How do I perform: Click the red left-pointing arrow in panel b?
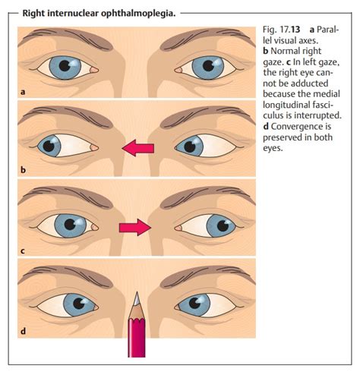[x=138, y=148]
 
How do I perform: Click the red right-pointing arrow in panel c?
[x=135, y=227]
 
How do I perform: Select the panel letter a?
[x=23, y=92]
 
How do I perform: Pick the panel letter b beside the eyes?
[x=23, y=170]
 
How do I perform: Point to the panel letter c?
[x=23, y=251]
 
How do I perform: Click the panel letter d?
[x=24, y=330]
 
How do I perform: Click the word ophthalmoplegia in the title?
[x=138, y=14]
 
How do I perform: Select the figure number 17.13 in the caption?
[x=290, y=30]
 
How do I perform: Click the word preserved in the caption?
[x=286, y=137]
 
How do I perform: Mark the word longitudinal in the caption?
[x=286, y=105]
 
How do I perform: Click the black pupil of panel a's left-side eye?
[x=65, y=66]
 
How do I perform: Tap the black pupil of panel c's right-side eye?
[x=223, y=226]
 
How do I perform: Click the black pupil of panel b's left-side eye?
[x=49, y=146]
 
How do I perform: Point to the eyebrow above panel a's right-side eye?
[x=204, y=37]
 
